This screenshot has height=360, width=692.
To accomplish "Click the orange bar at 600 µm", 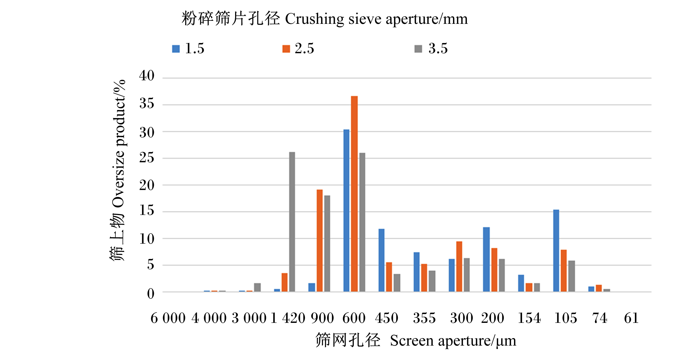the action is point(354,194).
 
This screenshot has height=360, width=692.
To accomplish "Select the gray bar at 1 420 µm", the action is point(292,222).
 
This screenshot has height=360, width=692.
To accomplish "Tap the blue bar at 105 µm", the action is point(556,251).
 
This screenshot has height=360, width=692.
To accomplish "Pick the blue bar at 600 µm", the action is point(346,211).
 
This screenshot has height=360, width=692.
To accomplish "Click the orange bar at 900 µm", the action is point(319,241).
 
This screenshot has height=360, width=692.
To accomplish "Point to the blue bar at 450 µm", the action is point(381,260).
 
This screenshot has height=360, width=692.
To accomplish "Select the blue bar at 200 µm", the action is point(486,259).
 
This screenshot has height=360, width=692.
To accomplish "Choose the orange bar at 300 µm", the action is point(459,267).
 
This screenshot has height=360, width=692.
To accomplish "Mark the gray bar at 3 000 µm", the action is point(257,287).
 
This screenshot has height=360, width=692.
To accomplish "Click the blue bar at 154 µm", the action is point(521,283).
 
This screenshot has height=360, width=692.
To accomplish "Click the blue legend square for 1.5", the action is point(176,49).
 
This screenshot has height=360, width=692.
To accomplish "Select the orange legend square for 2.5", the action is point(286,49).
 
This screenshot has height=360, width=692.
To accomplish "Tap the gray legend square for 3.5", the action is point(418,49).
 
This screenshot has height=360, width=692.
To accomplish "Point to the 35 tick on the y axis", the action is point(147,104).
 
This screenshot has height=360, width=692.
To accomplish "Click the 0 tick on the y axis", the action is point(151,294).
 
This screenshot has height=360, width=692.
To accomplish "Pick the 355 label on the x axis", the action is point(424,318).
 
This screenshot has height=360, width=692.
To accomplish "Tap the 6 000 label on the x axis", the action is point(168,318).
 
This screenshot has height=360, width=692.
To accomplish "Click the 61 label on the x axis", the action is point(631,318).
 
